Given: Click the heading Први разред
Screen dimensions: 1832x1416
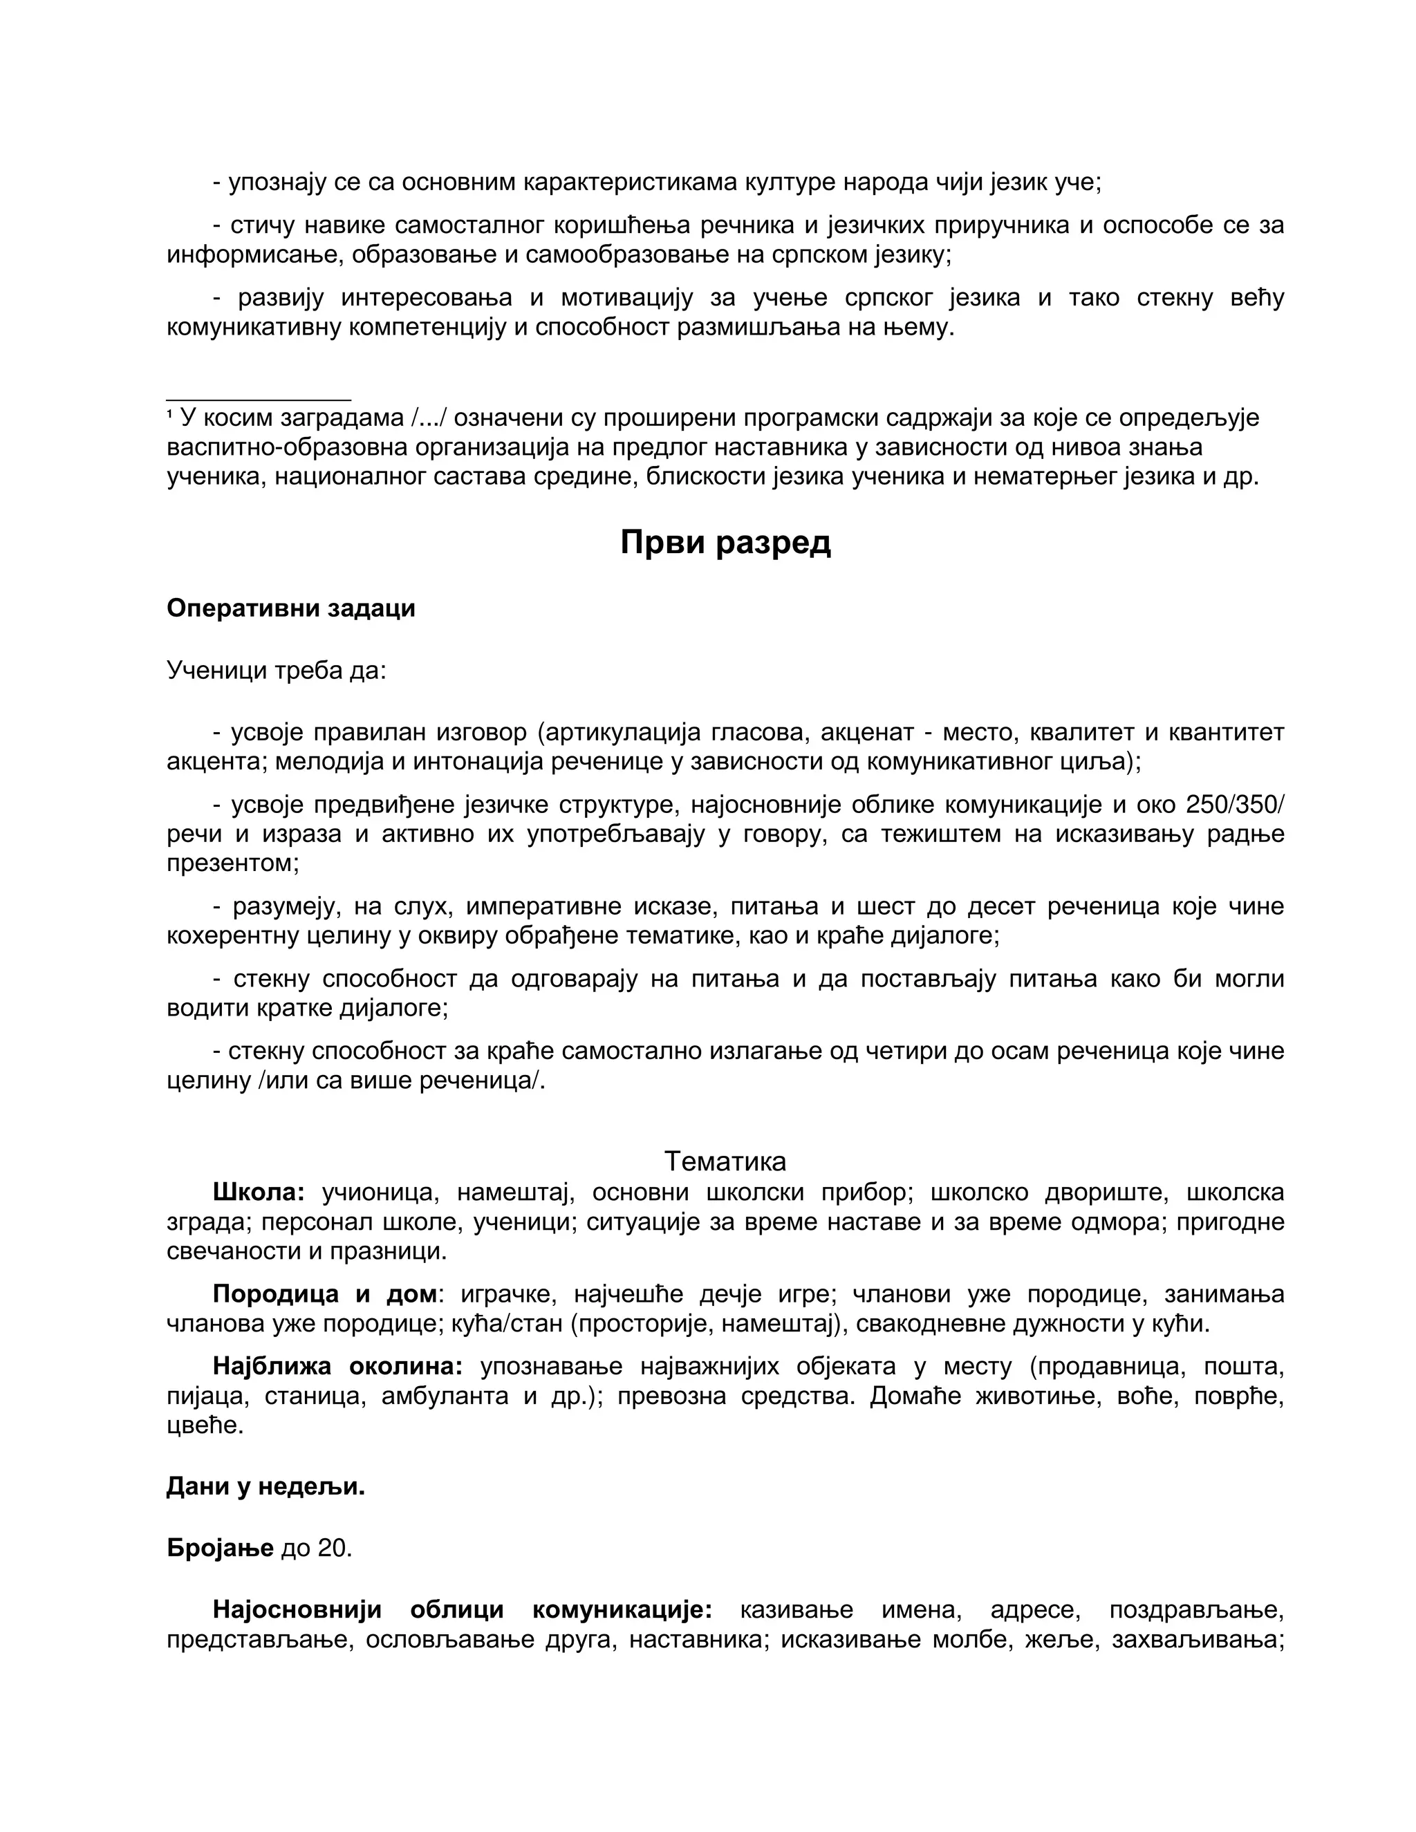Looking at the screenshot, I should pyautogui.click(x=725, y=543).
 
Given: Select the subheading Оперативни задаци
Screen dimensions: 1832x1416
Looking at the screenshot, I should pyautogui.click(x=290, y=608).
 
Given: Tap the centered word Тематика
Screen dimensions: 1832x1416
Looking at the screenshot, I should pyautogui.click(x=725, y=1161).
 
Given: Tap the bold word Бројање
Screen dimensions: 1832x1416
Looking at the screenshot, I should pyautogui.click(x=220, y=1548).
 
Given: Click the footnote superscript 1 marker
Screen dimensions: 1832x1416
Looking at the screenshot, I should pyautogui.click(x=170, y=413).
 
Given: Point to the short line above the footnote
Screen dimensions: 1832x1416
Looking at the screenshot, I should pyautogui.click(x=259, y=400).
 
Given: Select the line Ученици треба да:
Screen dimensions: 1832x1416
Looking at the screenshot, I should pyautogui.click(x=276, y=670).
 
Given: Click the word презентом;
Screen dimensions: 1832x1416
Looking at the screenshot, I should pyautogui.click(x=233, y=863).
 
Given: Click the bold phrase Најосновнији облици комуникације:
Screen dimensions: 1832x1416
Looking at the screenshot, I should pyautogui.click(x=463, y=1609).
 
